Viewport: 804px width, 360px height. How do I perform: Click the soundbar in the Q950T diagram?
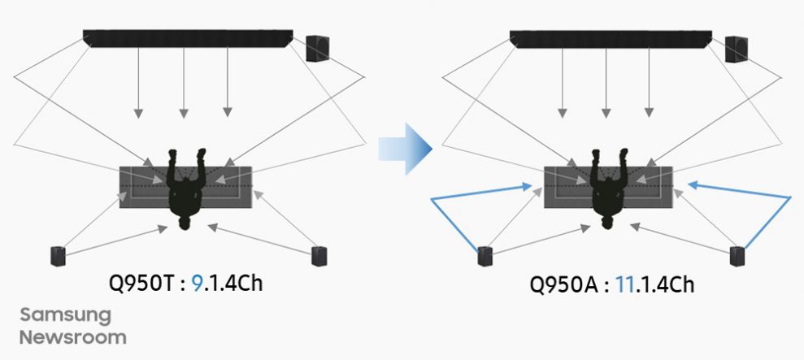[188, 38]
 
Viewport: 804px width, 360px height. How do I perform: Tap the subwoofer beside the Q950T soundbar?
[318, 48]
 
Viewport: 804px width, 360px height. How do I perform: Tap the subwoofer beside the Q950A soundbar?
[737, 48]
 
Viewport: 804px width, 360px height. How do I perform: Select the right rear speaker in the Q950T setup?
[319, 256]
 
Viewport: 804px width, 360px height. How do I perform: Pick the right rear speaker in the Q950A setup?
[738, 256]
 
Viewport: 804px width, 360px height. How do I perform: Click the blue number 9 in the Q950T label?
[197, 286]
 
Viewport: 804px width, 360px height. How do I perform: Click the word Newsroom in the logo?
[73, 336]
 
